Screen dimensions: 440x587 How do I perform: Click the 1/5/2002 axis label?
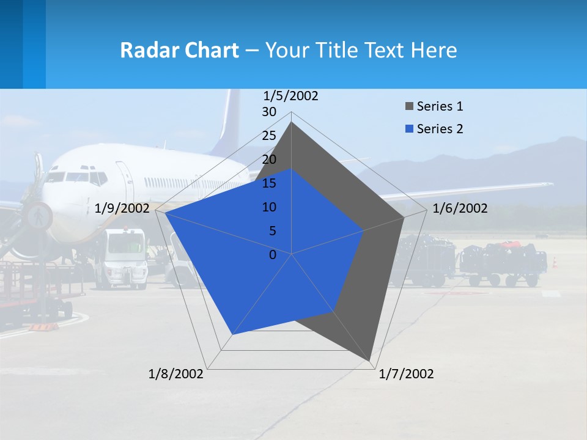coord(291,96)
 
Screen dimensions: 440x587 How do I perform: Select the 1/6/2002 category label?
coord(460,208)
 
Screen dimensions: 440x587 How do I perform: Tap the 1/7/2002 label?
coord(406,374)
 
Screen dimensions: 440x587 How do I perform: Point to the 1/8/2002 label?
coord(176,374)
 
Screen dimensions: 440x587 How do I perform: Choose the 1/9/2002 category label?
coord(122,208)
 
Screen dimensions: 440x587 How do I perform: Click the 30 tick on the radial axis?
coord(269,112)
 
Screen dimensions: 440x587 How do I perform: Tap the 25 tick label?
coord(269,136)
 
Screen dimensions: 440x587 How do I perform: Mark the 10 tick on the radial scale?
coord(269,207)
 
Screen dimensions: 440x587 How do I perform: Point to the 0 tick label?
coord(273,255)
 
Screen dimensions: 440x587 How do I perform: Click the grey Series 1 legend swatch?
coord(409,107)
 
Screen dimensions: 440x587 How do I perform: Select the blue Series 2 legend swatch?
coord(409,129)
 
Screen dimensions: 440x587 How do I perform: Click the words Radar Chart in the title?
coord(179,50)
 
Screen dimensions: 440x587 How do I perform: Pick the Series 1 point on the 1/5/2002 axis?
coord(291,122)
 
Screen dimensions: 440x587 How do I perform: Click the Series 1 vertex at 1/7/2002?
coord(369,360)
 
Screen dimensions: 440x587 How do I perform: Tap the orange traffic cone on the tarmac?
coord(555,262)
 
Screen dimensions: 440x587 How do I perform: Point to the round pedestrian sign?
coord(38,216)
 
